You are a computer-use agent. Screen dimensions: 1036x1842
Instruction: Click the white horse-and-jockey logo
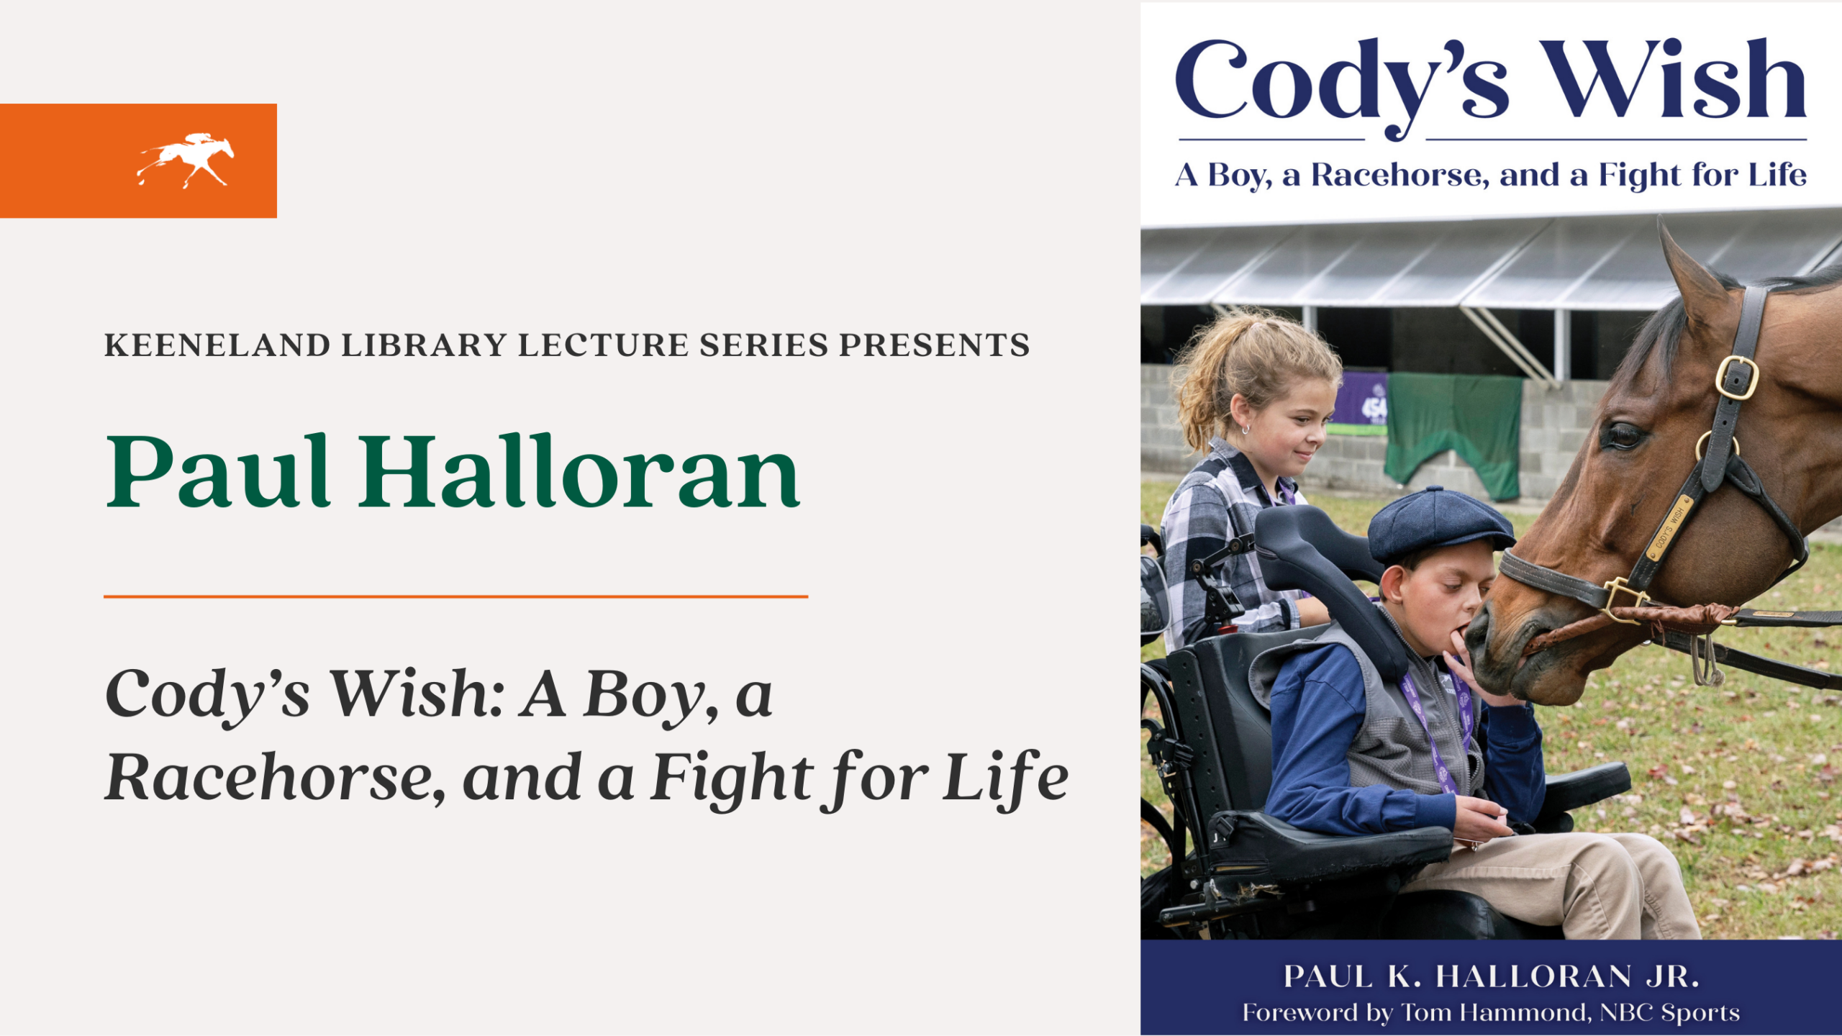tap(186, 160)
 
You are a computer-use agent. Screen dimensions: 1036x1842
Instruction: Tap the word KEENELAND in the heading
tap(217, 345)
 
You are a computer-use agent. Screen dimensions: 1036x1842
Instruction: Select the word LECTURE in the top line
tap(603, 345)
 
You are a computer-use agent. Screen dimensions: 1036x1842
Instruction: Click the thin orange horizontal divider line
tap(455, 596)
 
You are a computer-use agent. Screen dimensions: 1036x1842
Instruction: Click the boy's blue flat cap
tap(1435, 524)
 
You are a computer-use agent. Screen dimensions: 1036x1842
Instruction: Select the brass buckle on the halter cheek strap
tap(1736, 377)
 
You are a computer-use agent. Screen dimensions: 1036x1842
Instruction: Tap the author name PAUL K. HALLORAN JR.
tap(1491, 977)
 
